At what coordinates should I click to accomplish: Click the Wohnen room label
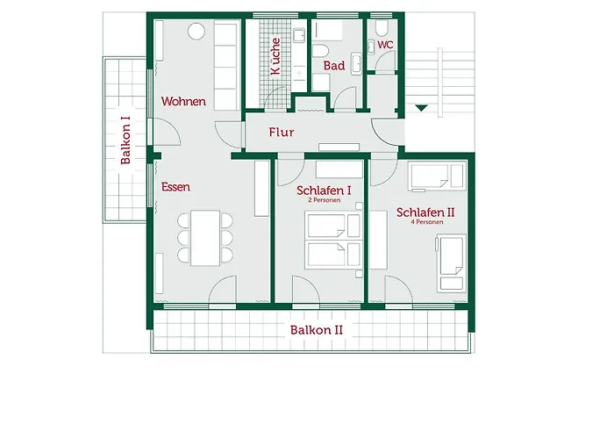click(x=183, y=101)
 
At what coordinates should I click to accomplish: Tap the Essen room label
click(x=175, y=186)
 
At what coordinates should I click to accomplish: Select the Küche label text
click(x=275, y=56)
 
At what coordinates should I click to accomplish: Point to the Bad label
click(x=334, y=66)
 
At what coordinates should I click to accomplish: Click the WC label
click(x=385, y=45)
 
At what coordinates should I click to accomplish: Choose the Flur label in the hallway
click(x=282, y=132)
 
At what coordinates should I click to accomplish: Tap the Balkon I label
click(x=125, y=140)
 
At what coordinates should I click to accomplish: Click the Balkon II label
click(x=317, y=329)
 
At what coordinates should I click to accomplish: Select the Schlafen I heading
click(x=324, y=191)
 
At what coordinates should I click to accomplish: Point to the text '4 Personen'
click(x=427, y=222)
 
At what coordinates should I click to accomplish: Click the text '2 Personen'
click(x=325, y=200)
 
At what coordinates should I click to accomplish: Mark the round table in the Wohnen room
click(x=196, y=32)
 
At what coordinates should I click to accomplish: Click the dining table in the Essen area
click(x=205, y=238)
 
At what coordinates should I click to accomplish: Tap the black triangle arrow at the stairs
click(x=421, y=108)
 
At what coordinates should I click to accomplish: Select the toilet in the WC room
click(x=382, y=28)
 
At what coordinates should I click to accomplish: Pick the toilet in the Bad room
click(x=320, y=51)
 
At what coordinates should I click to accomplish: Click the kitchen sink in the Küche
click(x=299, y=35)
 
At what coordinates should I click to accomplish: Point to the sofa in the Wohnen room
click(x=226, y=67)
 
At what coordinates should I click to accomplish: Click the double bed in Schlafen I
click(x=332, y=240)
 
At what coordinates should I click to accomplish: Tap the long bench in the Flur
click(x=339, y=147)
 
